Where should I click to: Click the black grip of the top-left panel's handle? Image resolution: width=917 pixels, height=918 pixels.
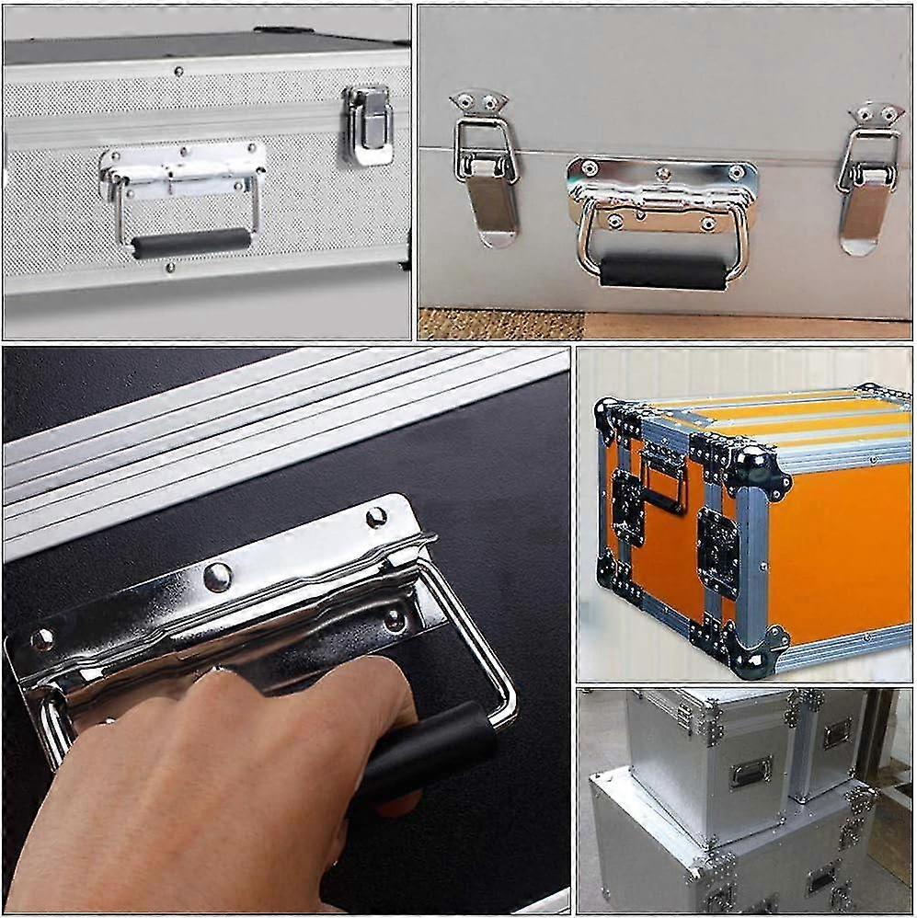[x=190, y=243]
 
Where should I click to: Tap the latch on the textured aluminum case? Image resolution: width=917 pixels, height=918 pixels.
[x=367, y=124]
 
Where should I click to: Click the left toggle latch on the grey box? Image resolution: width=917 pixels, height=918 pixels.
[x=487, y=169]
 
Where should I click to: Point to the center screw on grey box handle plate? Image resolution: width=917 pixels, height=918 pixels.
[x=663, y=172]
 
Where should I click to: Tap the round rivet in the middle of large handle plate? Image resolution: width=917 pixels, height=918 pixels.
[x=218, y=577]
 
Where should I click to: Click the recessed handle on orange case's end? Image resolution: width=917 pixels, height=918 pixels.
[x=664, y=479]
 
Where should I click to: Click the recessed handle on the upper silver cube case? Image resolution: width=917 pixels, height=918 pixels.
[x=751, y=772]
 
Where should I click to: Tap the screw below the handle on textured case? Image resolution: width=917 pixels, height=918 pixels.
[x=170, y=269]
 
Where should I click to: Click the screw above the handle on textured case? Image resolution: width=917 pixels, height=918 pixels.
[x=178, y=71]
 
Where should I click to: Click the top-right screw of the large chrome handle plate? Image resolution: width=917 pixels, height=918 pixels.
[x=376, y=518]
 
